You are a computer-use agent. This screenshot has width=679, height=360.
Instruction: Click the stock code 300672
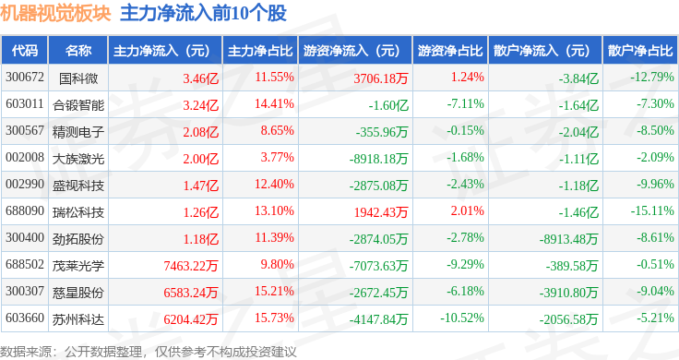[x=25, y=78]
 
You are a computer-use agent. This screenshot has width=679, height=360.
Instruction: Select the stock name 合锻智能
[x=78, y=105]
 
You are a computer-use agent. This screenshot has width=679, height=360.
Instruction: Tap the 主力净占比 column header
[x=260, y=51]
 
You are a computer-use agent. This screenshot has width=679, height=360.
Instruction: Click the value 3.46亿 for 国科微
[x=200, y=78]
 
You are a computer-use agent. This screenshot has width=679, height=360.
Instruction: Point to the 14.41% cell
[x=274, y=104]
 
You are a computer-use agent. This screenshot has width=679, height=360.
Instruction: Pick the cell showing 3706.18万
[x=381, y=78]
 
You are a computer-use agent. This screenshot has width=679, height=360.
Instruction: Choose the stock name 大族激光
[x=78, y=159]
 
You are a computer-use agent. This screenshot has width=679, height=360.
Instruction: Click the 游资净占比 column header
[x=450, y=51]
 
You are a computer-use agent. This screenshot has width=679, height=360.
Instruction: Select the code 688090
[x=25, y=211]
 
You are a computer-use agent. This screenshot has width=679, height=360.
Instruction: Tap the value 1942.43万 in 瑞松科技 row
[x=381, y=212]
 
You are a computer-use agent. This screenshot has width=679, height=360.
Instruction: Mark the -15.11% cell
[x=652, y=211]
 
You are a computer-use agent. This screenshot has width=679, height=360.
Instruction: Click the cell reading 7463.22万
[x=191, y=266]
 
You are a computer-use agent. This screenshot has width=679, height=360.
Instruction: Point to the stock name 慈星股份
[x=78, y=293]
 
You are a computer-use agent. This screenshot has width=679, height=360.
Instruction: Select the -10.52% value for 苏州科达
[x=462, y=318]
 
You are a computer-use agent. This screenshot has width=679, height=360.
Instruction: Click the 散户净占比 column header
[x=640, y=51]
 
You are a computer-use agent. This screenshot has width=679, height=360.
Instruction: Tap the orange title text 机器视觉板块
[x=56, y=14]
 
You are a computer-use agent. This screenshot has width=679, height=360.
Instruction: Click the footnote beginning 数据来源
[x=149, y=352]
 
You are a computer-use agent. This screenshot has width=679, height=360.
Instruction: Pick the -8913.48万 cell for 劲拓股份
[x=568, y=239]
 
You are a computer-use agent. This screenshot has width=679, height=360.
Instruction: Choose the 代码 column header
[x=25, y=51]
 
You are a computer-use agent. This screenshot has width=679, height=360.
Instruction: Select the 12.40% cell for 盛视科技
[x=274, y=184]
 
